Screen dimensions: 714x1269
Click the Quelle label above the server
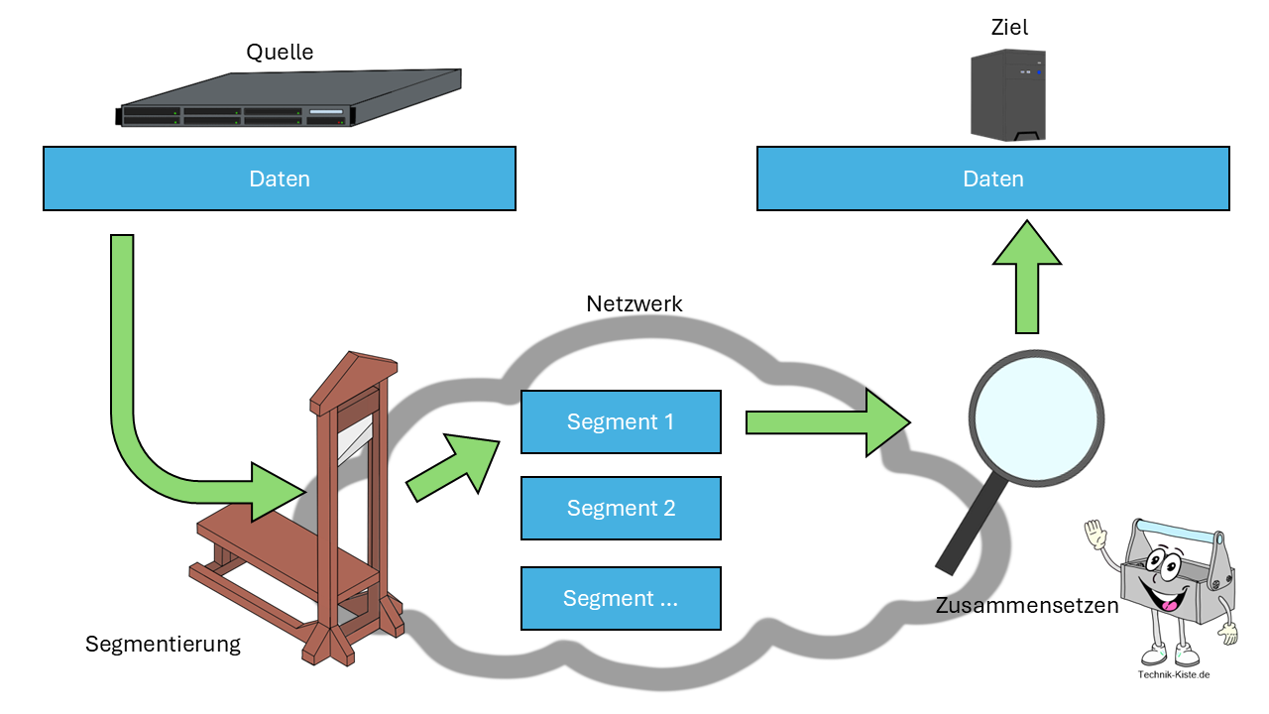(x=280, y=52)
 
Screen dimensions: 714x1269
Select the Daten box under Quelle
(x=279, y=178)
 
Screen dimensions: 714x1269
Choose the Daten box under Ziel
(x=992, y=178)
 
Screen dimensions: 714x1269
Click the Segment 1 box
(x=621, y=421)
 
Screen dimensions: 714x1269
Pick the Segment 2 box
(x=621, y=508)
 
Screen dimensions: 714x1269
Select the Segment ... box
(x=621, y=598)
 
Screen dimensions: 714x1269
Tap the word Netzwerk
(x=634, y=303)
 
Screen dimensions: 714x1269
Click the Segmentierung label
(x=163, y=644)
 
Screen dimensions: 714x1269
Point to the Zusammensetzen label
(x=1027, y=605)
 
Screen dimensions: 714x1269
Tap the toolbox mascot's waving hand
(x=1094, y=535)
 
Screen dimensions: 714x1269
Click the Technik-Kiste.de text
(x=1174, y=675)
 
